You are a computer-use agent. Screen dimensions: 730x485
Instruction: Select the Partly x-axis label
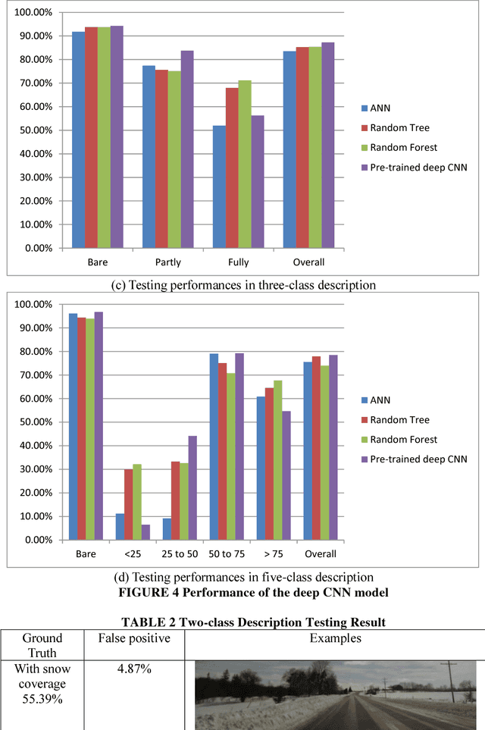coord(168,262)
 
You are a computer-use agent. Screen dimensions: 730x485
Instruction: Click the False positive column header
coord(134,638)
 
